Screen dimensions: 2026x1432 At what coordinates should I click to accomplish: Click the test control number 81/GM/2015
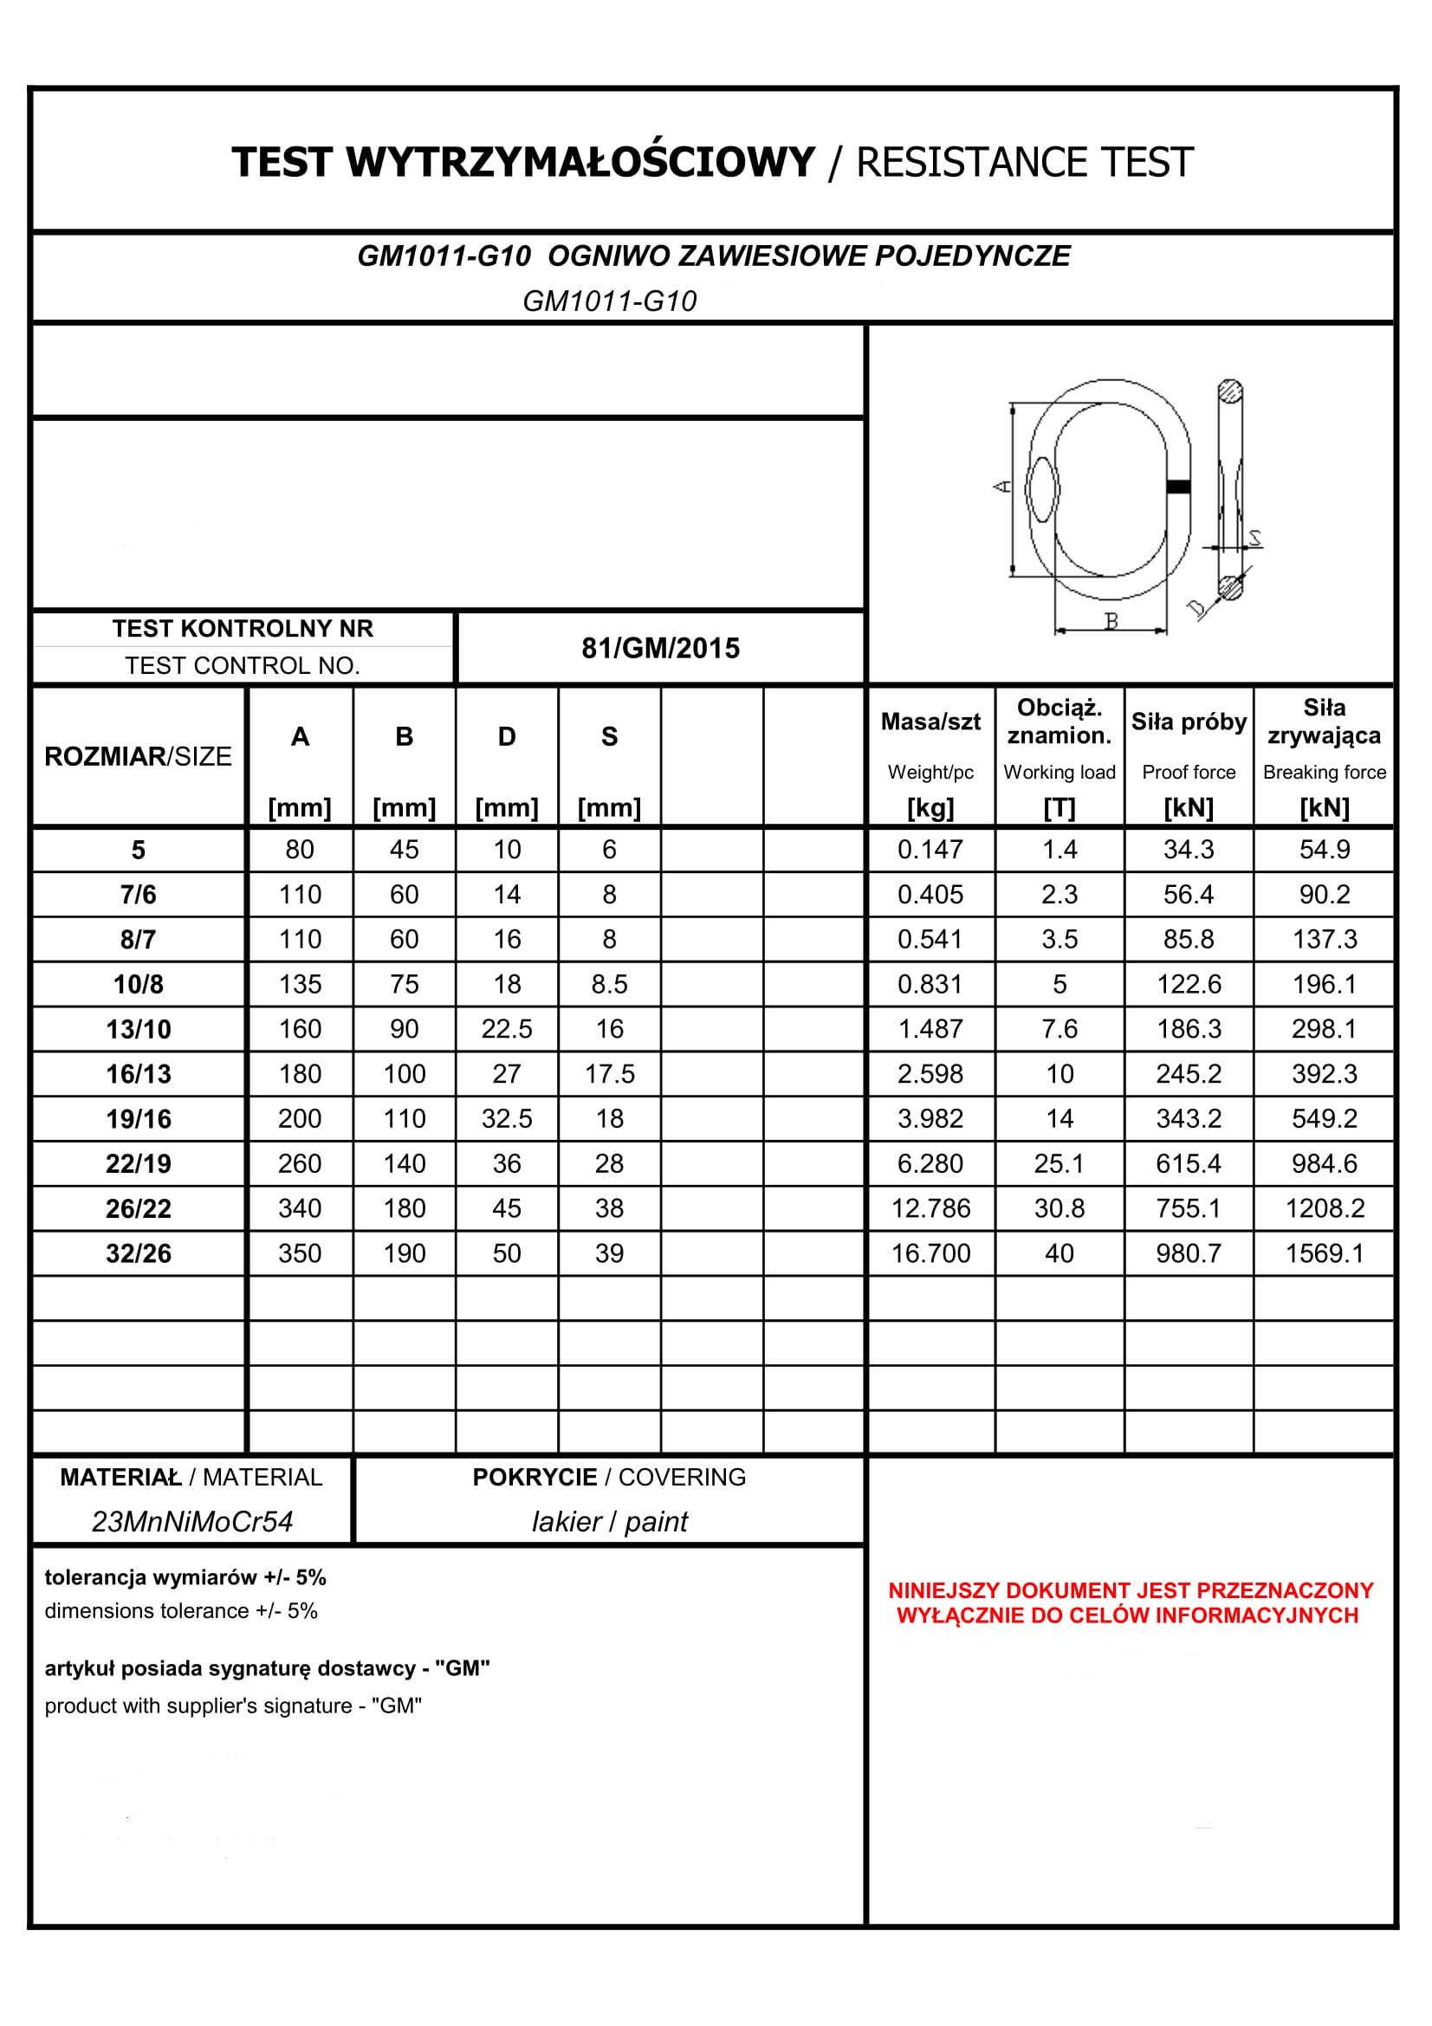coord(660,649)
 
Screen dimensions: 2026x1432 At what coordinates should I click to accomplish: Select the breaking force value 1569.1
coord(1324,1253)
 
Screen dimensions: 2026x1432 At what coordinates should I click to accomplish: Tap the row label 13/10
coord(139,1030)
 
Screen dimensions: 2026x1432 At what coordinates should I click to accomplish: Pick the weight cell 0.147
coord(930,850)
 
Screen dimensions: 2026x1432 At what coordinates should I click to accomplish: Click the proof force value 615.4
coord(1188,1164)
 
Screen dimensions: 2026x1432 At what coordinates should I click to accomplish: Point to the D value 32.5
coord(507,1119)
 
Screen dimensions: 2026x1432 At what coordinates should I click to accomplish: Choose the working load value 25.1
coord(1059,1164)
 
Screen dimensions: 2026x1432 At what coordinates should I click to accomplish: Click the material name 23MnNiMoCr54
coord(191,1521)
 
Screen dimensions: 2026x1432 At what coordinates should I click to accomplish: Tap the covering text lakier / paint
coord(609,1521)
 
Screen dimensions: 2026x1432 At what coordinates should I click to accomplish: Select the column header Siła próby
coord(1188,722)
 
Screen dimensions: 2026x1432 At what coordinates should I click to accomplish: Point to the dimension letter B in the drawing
coord(1111,621)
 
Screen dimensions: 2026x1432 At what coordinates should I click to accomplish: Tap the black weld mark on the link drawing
coord(1178,486)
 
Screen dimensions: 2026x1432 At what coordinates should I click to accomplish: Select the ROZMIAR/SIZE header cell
coord(139,756)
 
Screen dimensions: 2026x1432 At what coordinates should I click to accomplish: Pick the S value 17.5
coord(609,1074)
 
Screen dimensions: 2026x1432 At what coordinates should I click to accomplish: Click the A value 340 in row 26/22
coord(300,1209)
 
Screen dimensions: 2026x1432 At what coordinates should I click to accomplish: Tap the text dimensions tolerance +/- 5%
coord(181,1611)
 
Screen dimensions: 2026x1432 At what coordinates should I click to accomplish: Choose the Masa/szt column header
coord(930,722)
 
